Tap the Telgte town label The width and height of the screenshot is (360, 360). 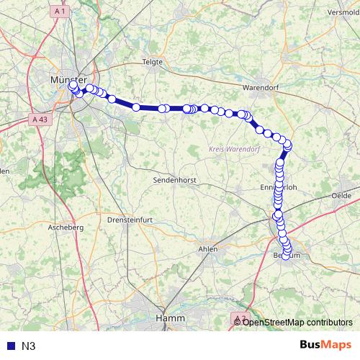click(153, 62)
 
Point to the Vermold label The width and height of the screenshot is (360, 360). click(343, 12)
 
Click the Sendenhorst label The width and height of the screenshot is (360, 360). click(176, 179)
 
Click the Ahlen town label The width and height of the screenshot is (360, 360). click(207, 248)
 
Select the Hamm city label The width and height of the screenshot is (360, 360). click(170, 318)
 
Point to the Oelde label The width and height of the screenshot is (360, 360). click(341, 195)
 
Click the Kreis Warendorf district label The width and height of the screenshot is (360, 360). click(233, 148)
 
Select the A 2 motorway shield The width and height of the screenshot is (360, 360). click(240, 318)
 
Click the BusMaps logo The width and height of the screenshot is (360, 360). click(326, 345)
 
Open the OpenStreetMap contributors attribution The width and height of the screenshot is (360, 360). click(297, 322)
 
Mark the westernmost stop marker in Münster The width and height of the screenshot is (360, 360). click(72, 85)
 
